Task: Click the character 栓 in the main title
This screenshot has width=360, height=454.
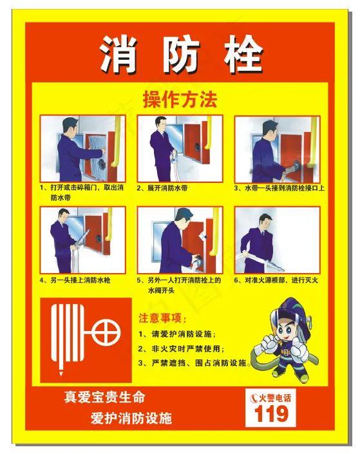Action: pyautogui.click(x=243, y=53)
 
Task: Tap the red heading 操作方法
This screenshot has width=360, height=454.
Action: pyautogui.click(x=180, y=100)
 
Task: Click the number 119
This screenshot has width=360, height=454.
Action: pyautogui.click(x=271, y=413)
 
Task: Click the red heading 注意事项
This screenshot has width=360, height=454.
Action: pyautogui.click(x=162, y=318)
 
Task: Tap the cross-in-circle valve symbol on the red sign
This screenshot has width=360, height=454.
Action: pyautogui.click(x=106, y=332)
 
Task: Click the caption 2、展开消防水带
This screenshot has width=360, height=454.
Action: pyautogui.click(x=162, y=188)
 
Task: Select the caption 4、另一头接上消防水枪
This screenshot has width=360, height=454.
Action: pyautogui.click(x=75, y=280)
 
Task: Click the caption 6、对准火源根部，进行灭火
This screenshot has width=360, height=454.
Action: pyautogui.click(x=276, y=280)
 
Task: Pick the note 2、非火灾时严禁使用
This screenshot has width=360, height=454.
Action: pyautogui.click(x=181, y=348)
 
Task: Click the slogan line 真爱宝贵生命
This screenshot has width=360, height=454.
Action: pyautogui.click(x=104, y=397)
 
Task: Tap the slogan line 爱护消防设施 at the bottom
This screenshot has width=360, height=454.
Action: pyautogui.click(x=131, y=418)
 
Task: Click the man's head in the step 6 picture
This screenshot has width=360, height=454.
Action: pyautogui.click(x=265, y=222)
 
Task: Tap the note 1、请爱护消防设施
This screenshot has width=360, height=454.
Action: pyautogui.click(x=176, y=334)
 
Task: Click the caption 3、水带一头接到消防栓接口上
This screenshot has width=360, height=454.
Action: pyautogui.click(x=279, y=188)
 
